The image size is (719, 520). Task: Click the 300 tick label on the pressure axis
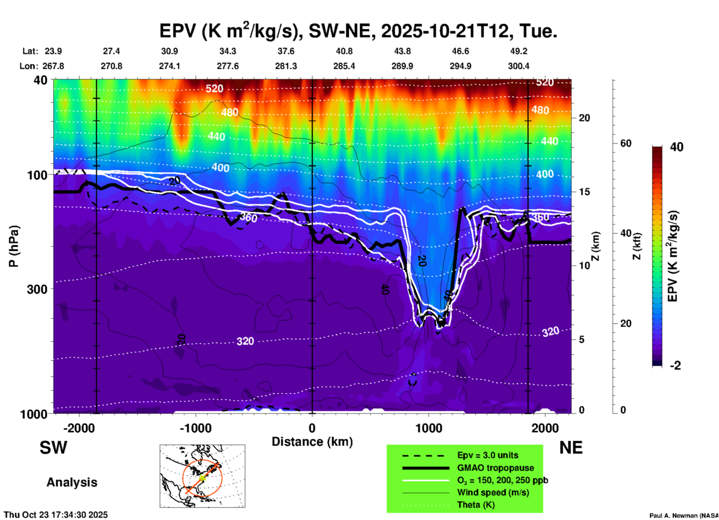coord(37,289)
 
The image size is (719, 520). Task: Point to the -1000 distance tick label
coord(196,428)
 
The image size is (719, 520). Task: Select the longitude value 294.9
coord(460,66)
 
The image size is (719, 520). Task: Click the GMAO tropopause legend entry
coord(495,468)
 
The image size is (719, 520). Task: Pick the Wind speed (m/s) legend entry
coord(493,492)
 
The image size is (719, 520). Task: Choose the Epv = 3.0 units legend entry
coord(488,455)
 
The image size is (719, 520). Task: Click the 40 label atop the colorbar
coord(676,147)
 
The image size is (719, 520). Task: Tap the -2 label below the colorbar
coord(675,366)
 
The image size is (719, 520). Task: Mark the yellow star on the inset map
coord(202,477)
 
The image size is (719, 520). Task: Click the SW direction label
coord(53,448)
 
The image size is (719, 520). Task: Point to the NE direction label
coord(571,448)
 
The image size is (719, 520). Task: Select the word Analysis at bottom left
coord(72,482)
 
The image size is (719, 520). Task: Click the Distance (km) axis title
coord(312,442)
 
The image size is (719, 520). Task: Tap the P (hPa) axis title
coord(14,246)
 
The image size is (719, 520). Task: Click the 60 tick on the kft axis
coord(626,143)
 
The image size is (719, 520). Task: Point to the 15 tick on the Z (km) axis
coord(584,192)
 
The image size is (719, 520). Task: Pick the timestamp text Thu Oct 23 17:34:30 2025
coord(56,515)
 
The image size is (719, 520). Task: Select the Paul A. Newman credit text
coord(683,516)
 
